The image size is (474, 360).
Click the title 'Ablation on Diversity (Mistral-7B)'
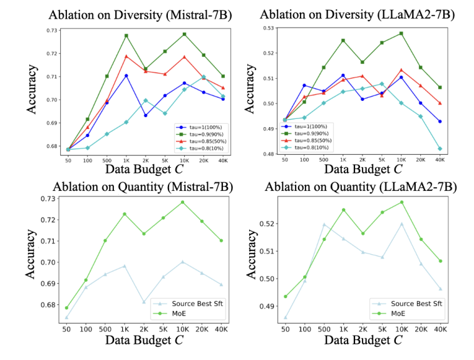140,15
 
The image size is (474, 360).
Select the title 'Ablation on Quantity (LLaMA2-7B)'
361,187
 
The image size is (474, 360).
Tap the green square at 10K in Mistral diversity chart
184,34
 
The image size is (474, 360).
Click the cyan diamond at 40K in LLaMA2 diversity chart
440,149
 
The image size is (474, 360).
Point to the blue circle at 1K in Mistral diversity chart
126,76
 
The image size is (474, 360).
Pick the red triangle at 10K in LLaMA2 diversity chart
401,70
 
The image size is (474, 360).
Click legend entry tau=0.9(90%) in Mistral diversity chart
200,134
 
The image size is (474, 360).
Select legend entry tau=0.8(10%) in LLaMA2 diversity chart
306,148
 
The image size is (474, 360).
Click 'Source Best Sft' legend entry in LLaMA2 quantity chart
407,304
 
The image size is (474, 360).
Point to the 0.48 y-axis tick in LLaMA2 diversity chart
268,154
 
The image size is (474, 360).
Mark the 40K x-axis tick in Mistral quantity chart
221,329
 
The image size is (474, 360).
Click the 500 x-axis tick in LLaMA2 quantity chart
324,329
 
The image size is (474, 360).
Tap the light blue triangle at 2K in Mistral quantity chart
144,302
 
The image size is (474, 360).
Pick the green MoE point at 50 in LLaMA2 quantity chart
286,297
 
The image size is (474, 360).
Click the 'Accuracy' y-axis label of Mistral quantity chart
31,254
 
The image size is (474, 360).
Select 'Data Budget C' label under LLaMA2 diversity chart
363,169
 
